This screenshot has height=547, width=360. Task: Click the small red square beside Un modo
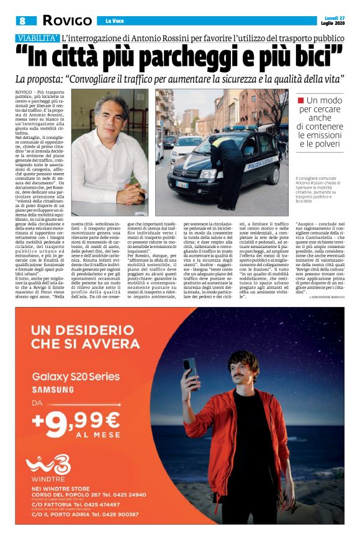[x=301, y=100]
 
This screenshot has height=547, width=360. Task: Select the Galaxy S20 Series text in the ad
[x=78, y=377]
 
